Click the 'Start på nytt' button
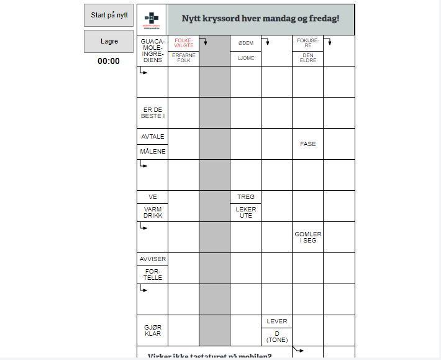point(109,16)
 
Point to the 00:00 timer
point(109,61)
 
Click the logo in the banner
point(152,20)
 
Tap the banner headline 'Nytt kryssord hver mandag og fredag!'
point(260,19)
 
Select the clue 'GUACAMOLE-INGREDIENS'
point(152,51)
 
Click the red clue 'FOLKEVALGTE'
point(184,43)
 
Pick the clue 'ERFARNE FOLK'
point(184,58)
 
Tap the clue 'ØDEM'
point(245,43)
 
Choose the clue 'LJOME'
point(245,58)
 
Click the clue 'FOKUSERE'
point(307,43)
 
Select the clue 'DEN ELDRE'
point(307,58)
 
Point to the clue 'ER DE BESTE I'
point(152,113)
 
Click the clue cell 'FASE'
point(307,144)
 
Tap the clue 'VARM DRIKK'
point(152,212)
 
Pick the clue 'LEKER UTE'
point(245,212)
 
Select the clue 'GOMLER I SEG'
point(307,237)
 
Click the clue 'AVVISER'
point(152,259)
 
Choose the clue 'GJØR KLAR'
point(152,330)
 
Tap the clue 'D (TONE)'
point(276,337)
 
